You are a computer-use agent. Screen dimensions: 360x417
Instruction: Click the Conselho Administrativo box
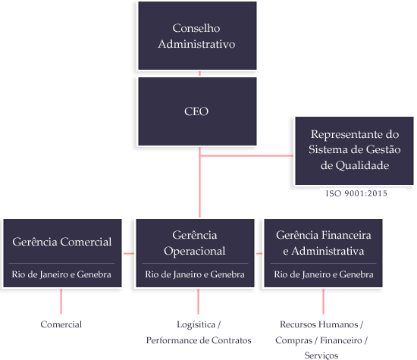196,36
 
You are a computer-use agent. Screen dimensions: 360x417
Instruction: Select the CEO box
196,111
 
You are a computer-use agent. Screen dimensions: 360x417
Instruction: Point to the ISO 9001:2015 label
356,194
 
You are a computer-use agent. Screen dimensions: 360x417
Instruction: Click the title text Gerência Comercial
62,242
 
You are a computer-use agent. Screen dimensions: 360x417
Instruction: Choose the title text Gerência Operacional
195,243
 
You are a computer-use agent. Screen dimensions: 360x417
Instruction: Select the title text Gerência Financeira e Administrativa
324,243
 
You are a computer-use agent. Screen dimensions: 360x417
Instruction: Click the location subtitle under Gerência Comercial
62,274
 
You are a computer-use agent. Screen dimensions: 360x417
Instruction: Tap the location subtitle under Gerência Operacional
195,274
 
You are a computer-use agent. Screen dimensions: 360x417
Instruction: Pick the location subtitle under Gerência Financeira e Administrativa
324,274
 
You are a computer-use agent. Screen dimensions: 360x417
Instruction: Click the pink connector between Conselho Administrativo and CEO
199,74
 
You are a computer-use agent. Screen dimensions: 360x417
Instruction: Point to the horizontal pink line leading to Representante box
246,156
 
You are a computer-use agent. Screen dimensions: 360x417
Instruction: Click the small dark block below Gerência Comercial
61,324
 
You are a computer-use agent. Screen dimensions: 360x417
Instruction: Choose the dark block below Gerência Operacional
198,332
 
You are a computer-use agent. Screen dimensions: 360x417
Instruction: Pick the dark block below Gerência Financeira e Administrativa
323,339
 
